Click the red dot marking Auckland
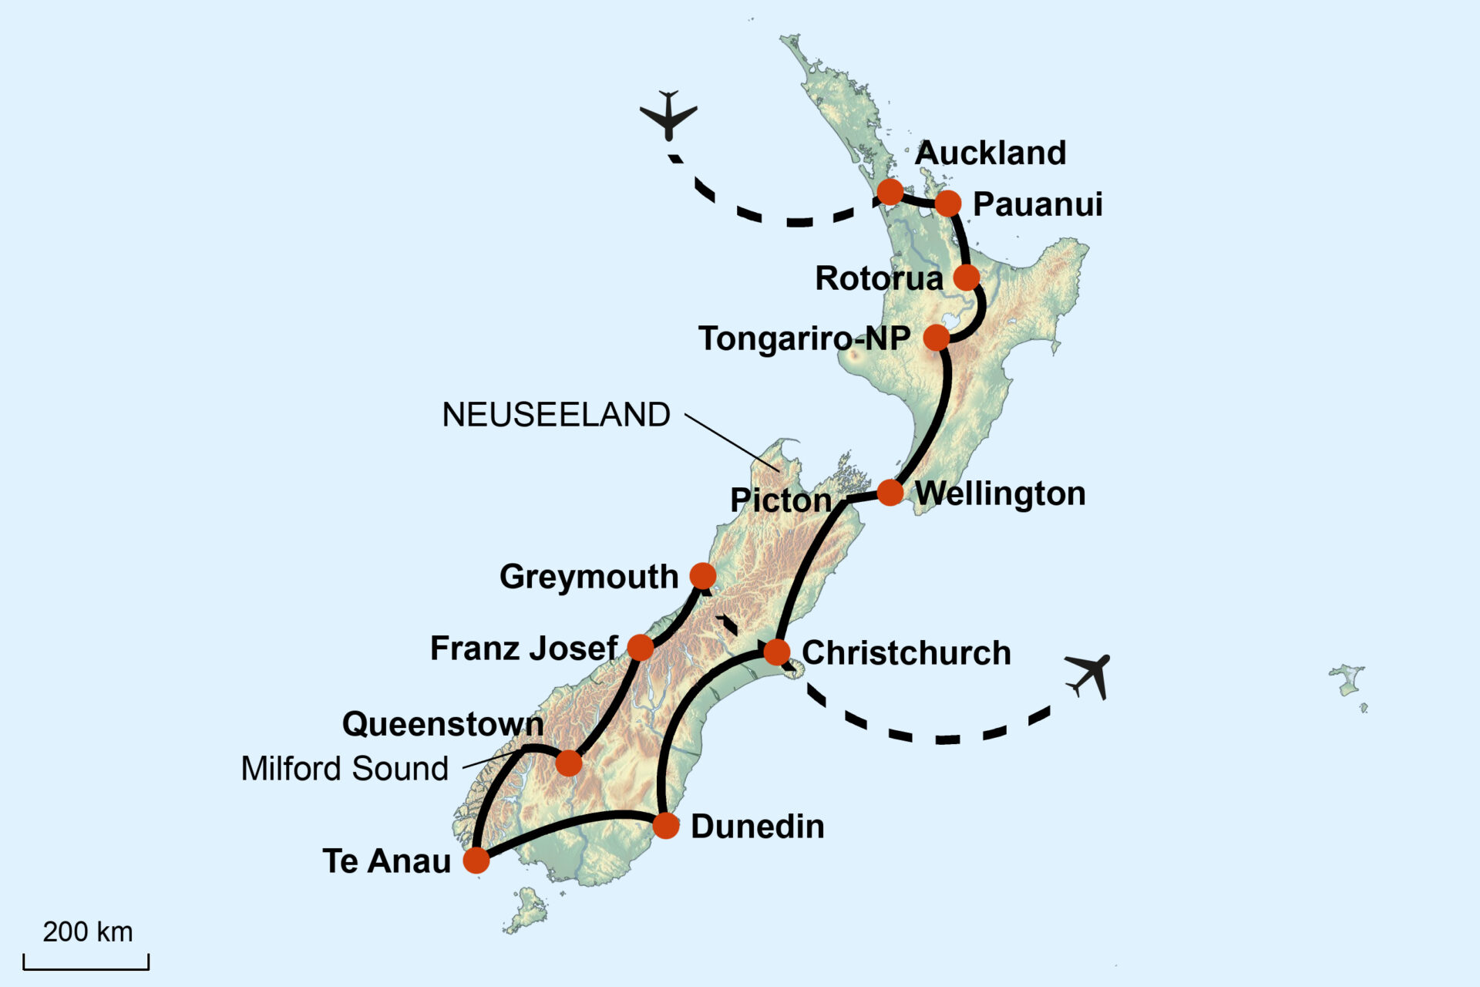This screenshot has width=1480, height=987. pyautogui.click(x=890, y=191)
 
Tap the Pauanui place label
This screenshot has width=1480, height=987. pyautogui.click(x=1037, y=204)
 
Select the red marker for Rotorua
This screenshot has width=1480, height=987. pyautogui.click(x=967, y=277)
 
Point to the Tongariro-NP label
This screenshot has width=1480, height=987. pyautogui.click(x=804, y=339)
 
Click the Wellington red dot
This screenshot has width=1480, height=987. pyautogui.click(x=890, y=492)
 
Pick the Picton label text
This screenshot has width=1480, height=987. pyautogui.click(x=781, y=500)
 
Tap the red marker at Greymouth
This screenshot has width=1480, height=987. pyautogui.click(x=702, y=575)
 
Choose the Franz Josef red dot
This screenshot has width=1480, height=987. pyautogui.click(x=641, y=647)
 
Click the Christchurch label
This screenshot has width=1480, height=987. pyautogui.click(x=906, y=653)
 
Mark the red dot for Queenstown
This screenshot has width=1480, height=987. pyautogui.click(x=569, y=763)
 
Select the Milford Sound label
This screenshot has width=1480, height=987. pyautogui.click(x=345, y=769)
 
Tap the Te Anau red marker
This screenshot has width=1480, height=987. pyautogui.click(x=476, y=861)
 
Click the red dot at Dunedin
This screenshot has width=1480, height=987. pyautogui.click(x=666, y=826)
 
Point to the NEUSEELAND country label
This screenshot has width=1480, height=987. pyautogui.click(x=556, y=415)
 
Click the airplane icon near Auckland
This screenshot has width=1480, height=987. pyautogui.click(x=668, y=115)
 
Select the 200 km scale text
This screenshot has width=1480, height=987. pyautogui.click(x=87, y=931)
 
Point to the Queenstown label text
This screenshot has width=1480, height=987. pyautogui.click(x=442, y=724)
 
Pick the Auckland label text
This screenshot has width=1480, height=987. pyautogui.click(x=990, y=153)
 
